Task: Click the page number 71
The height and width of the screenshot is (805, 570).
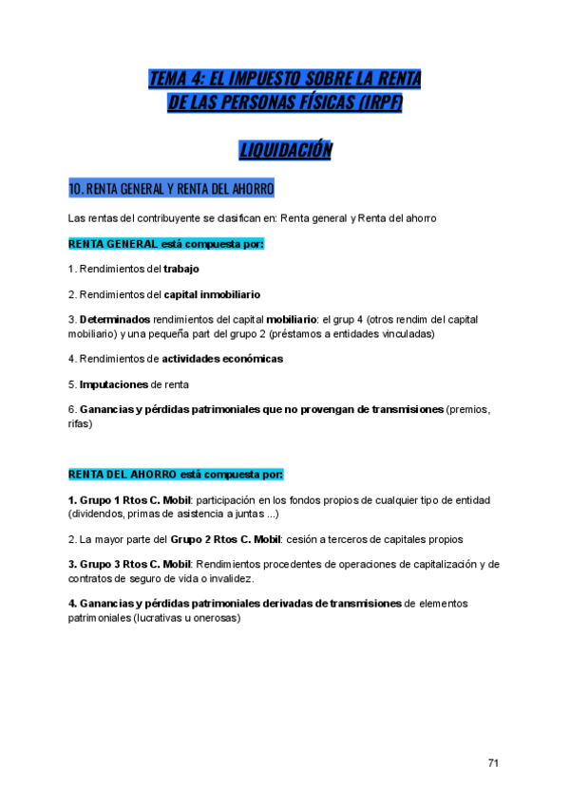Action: [493, 762]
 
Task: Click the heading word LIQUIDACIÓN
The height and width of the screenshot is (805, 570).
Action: [284, 150]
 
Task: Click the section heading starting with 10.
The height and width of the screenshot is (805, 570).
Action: [171, 189]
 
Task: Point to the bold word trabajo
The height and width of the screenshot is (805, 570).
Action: [181, 269]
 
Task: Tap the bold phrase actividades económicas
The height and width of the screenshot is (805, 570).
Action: [222, 359]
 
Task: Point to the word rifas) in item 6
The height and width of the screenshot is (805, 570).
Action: [81, 423]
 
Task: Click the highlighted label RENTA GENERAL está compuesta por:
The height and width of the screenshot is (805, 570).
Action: [166, 244]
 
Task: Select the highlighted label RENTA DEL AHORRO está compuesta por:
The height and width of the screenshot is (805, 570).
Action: [176, 474]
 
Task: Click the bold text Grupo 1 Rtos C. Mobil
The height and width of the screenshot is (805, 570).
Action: [136, 499]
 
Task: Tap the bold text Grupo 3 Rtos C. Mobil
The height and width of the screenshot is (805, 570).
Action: [136, 564]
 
